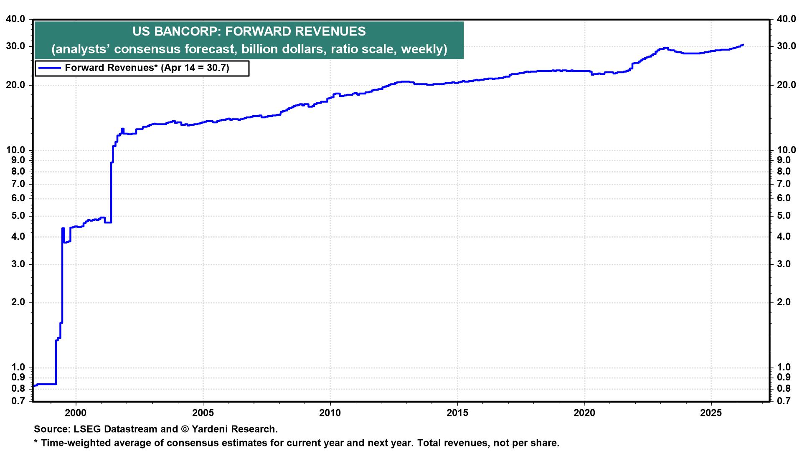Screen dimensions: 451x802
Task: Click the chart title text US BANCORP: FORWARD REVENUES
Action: point(249,31)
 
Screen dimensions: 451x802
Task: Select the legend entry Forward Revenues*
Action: point(147,68)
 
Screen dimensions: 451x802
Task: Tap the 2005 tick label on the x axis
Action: point(203,413)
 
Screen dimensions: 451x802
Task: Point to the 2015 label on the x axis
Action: point(457,413)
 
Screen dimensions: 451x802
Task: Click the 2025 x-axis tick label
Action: point(711,413)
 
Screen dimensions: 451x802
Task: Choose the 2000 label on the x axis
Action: point(76,413)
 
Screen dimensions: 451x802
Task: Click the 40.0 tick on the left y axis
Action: point(15,19)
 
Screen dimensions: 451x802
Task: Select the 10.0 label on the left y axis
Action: point(15,150)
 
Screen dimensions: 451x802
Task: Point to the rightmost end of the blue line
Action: point(743,45)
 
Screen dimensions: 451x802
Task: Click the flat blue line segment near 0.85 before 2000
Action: point(46,384)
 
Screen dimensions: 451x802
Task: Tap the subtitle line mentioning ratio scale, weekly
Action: point(249,49)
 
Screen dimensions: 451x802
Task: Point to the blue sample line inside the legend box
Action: point(49,68)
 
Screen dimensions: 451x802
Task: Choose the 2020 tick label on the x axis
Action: point(584,413)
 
